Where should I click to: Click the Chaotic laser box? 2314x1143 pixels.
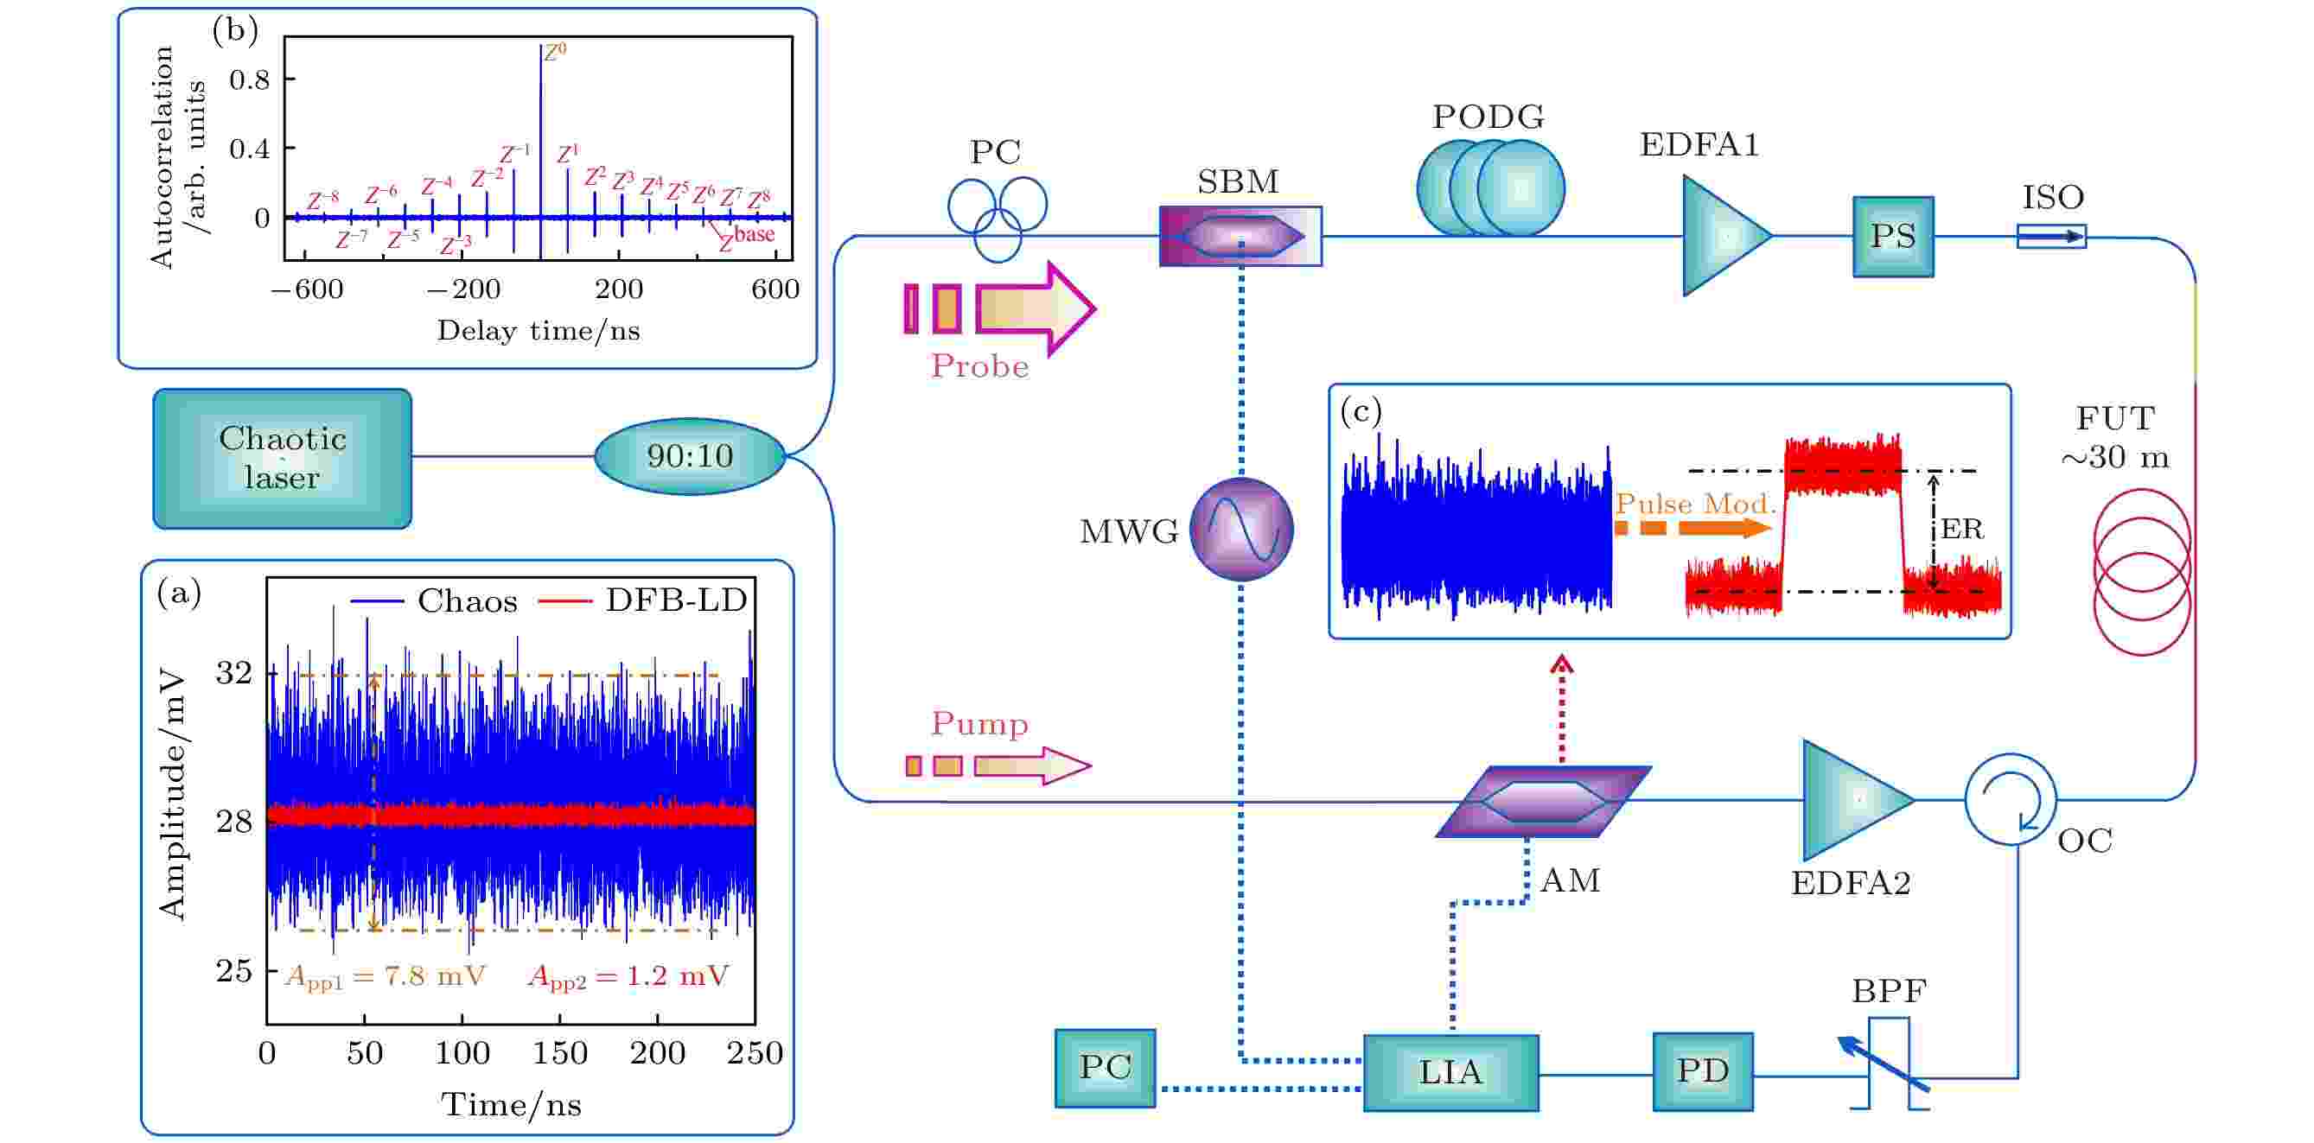(x=282, y=458)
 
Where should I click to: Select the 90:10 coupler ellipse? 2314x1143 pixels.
(x=690, y=456)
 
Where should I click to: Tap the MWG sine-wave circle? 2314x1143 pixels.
(x=1241, y=529)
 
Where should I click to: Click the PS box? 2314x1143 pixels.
(x=1894, y=236)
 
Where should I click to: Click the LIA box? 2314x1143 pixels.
(x=1450, y=1073)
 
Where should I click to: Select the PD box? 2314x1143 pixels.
(x=1703, y=1071)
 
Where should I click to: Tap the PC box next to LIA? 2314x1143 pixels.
(x=1105, y=1069)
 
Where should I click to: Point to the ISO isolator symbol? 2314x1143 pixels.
(x=2052, y=236)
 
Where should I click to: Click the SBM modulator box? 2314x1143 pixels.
(x=1240, y=236)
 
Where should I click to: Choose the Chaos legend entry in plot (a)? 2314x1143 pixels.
(x=434, y=600)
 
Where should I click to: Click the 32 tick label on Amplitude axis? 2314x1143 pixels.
(x=234, y=672)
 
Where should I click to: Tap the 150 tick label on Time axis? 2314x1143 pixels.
(x=559, y=1053)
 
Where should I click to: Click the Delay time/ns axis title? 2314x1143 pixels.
(x=538, y=331)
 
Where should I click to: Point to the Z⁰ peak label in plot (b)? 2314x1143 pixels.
(x=555, y=52)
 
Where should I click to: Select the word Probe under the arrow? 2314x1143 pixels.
(x=979, y=366)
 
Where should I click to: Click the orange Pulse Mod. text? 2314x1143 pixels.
(x=1696, y=504)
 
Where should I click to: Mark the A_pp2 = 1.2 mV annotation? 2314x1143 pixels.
(x=628, y=977)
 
